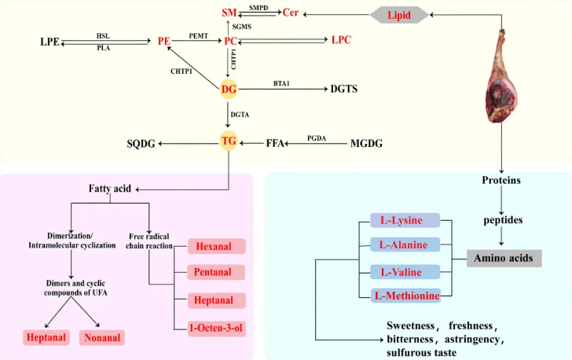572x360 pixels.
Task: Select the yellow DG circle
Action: (228, 89)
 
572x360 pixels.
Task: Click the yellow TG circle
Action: (228, 143)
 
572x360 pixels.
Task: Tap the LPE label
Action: (50, 40)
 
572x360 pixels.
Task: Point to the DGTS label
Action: (343, 90)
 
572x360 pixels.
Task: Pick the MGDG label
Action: (368, 144)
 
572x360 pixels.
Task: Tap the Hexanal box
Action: (216, 246)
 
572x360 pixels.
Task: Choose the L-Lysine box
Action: (405, 222)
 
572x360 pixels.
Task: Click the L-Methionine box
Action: (405, 296)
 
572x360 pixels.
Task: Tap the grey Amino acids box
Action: (504, 258)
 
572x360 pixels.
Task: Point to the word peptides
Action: (504, 222)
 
